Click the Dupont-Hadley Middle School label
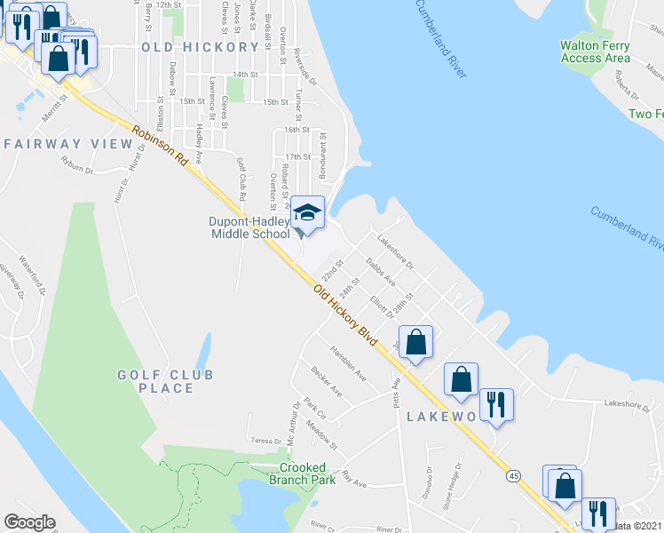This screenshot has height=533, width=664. [249, 227]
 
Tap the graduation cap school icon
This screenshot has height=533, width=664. [308, 212]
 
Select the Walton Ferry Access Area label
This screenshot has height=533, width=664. [596, 52]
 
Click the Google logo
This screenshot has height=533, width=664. [30, 522]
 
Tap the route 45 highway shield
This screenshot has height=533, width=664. [514, 476]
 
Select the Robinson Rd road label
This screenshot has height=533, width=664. [162, 147]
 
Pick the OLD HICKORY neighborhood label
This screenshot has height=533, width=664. [200, 47]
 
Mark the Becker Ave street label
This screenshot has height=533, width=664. [326, 379]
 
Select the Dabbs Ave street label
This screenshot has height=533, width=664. [381, 278]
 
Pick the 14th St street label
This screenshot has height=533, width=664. [244, 76]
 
